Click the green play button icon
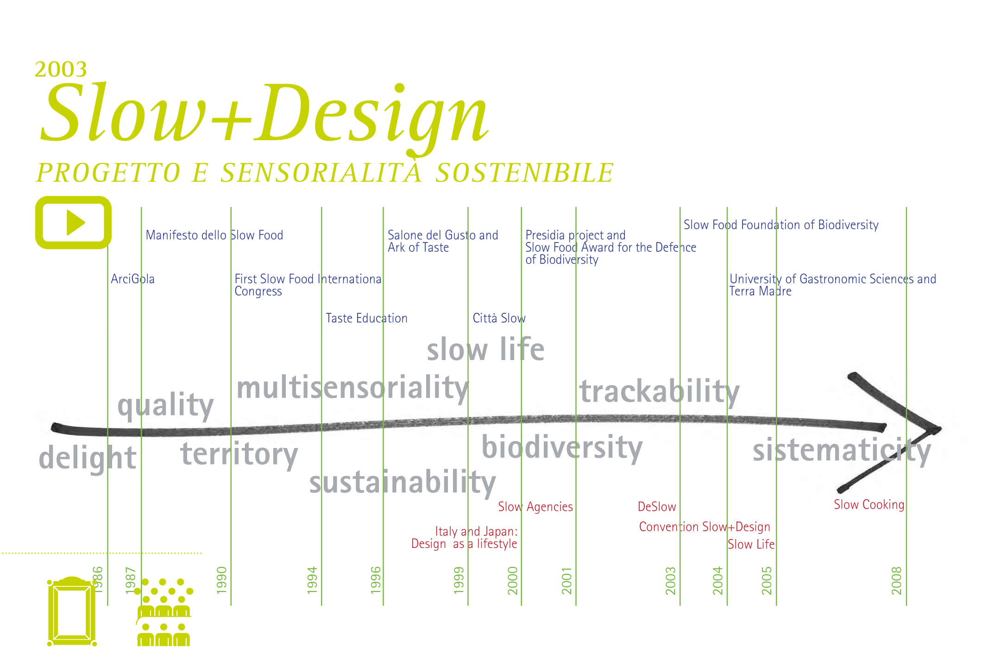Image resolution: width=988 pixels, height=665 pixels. pyautogui.click(x=73, y=222)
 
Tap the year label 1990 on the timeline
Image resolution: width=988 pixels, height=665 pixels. pyautogui.click(x=222, y=580)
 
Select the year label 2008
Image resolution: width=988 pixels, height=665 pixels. pyautogui.click(x=897, y=580)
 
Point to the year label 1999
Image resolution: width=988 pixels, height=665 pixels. pyautogui.click(x=459, y=580)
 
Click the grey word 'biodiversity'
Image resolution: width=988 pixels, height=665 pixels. pyautogui.click(x=562, y=447)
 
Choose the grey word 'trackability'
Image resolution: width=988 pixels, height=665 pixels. pyautogui.click(x=660, y=392)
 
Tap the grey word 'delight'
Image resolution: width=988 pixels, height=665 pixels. pyautogui.click(x=88, y=458)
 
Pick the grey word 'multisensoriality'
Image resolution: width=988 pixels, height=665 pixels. pyautogui.click(x=352, y=388)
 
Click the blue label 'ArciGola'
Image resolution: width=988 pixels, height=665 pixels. pyautogui.click(x=133, y=279)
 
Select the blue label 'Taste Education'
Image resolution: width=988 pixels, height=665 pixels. pyautogui.click(x=367, y=318)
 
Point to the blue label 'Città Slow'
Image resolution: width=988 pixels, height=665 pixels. pyautogui.click(x=499, y=318)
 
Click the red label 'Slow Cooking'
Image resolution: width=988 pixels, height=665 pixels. pyautogui.click(x=869, y=504)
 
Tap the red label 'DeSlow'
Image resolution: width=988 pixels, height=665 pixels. pyautogui.click(x=657, y=507)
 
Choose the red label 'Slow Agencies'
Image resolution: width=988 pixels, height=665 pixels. pyautogui.click(x=535, y=507)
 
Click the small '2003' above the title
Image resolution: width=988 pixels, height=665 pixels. pyautogui.click(x=61, y=69)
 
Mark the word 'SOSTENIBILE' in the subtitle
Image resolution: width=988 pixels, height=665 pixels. pyautogui.click(x=525, y=173)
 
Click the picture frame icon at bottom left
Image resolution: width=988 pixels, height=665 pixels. pyautogui.click(x=72, y=611)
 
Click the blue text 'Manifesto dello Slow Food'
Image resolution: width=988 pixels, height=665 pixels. pyautogui.click(x=214, y=235)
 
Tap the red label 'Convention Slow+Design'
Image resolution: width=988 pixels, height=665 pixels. pyautogui.click(x=705, y=527)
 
